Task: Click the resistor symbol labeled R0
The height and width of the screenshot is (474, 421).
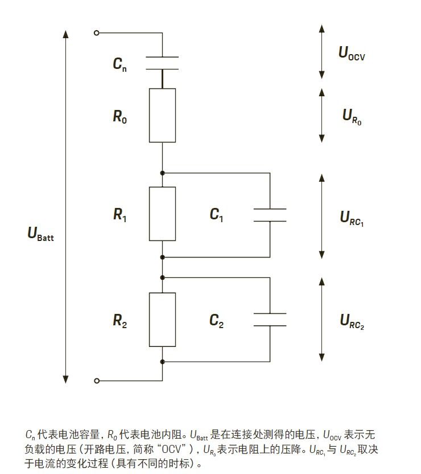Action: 162,115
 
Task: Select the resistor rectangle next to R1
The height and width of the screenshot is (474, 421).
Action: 162,213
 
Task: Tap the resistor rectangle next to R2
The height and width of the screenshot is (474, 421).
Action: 162,319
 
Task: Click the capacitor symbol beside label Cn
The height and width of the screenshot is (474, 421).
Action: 162,63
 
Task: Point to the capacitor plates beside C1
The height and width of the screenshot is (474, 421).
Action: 270,215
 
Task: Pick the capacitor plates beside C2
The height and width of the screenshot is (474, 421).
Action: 270,319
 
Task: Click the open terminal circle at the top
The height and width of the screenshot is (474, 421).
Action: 97,32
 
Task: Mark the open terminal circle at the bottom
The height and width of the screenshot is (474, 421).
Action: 97,381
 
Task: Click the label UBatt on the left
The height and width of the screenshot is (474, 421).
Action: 41,234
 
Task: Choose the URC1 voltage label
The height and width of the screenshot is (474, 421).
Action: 352,218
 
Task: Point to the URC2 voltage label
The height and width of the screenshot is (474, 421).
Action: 352,321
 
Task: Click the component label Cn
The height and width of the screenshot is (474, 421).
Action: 119,64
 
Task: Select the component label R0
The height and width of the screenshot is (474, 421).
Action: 120,117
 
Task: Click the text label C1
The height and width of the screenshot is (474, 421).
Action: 216,215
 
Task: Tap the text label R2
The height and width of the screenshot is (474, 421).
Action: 120,321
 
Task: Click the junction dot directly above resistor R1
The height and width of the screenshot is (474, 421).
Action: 162,172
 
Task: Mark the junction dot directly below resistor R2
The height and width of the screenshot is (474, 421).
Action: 162,361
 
